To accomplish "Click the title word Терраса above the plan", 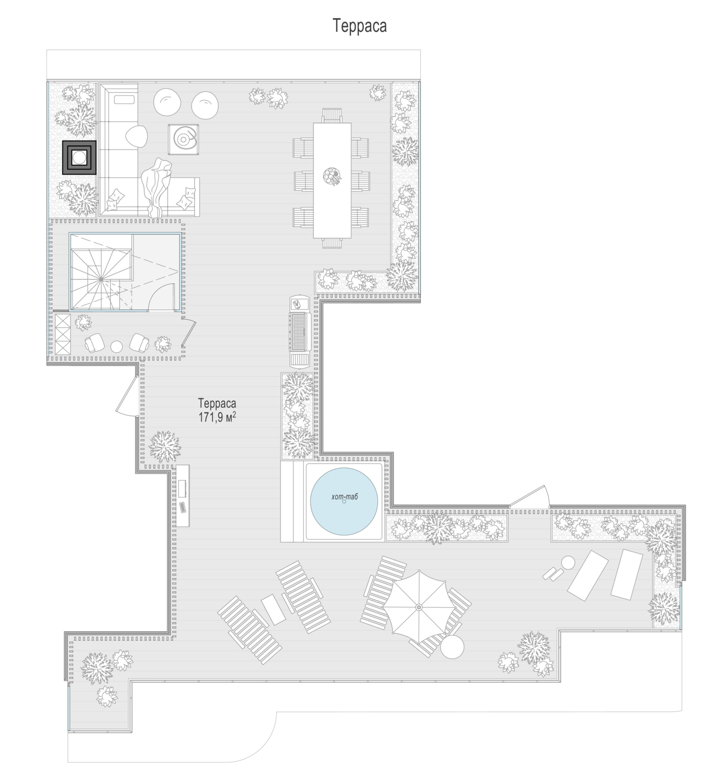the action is tap(359, 26).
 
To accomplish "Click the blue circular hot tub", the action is tap(344, 501).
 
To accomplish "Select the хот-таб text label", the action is tap(345, 497).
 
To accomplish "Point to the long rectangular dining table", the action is tap(332, 180).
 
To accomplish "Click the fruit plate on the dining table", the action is tap(332, 176).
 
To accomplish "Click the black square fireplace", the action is tap(79, 157).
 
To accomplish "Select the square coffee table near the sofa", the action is tap(183, 140).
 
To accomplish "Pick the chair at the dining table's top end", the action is tap(332, 116).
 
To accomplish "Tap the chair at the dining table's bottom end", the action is tap(332, 243).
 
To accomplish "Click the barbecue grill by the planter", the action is tap(300, 331).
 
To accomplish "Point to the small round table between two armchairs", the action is tap(116, 347).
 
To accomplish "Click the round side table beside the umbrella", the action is tap(452, 647).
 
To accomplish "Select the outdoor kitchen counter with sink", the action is tap(182, 495).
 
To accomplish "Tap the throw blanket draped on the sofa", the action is tap(157, 187).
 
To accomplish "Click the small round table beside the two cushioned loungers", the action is tap(568, 562).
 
